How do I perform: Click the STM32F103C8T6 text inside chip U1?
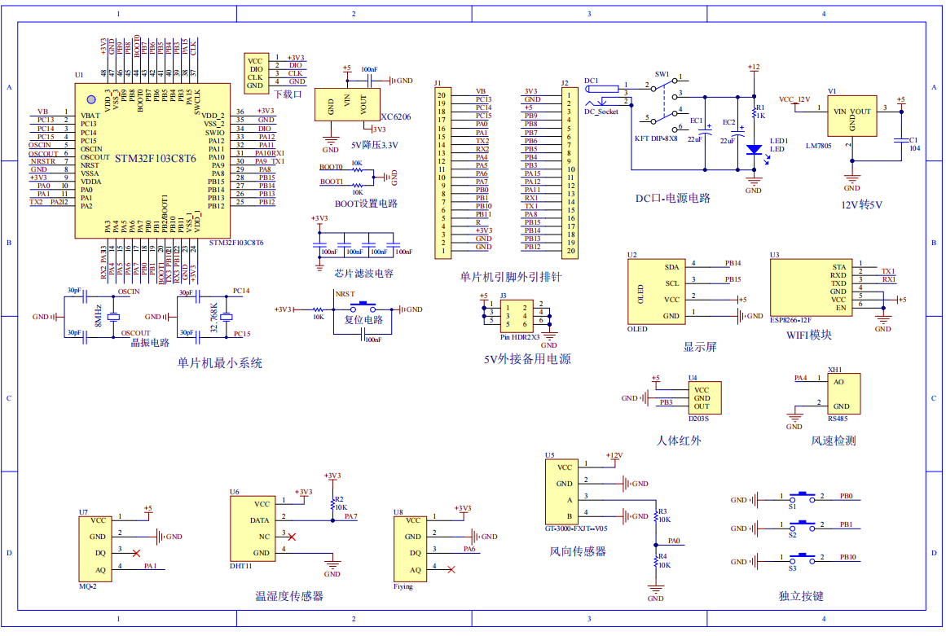[156, 158]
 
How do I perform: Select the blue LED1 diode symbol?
[754, 149]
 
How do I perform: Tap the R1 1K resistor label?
[760, 112]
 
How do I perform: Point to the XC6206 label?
[395, 117]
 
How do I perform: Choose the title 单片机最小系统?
[220, 363]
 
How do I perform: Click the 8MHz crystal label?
[97, 315]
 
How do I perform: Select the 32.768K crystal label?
[214, 315]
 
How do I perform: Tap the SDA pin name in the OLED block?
[671, 266]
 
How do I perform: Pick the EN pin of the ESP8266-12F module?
[839, 308]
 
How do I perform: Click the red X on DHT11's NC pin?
[293, 536]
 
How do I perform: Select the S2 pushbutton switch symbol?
[805, 524]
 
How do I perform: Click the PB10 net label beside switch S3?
[847, 557]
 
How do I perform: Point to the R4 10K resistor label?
[664, 560]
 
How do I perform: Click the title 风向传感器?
[578, 551]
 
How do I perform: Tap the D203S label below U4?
[698, 419]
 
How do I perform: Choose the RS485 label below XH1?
[838, 419]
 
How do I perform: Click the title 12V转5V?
[861, 204]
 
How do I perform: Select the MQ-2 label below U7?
[88, 586]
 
